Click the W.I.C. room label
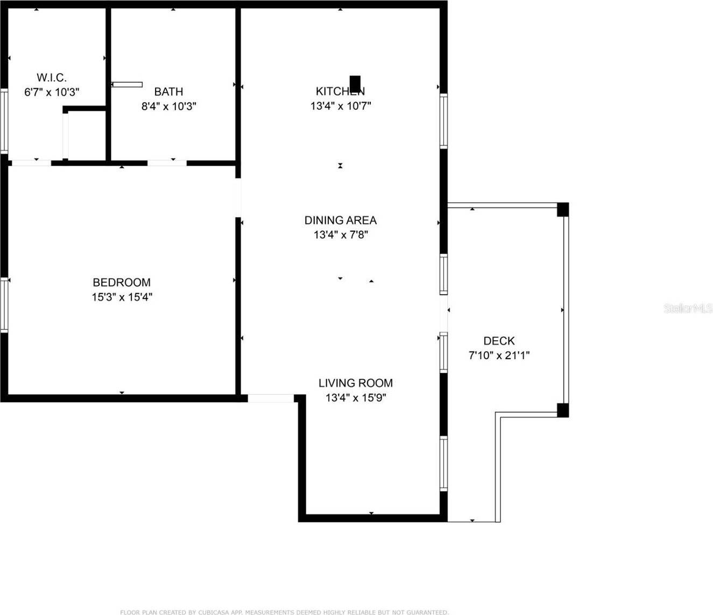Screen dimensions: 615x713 [52, 77]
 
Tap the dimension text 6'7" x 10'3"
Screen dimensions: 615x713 [52, 92]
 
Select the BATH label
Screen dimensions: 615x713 [168, 91]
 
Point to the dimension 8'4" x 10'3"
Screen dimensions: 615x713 [168, 106]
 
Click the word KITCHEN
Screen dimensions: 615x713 [340, 91]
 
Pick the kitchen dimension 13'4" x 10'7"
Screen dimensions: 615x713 [340, 105]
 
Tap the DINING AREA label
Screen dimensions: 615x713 [340, 220]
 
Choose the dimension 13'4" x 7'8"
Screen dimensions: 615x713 [340, 234]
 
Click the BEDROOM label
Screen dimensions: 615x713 [122, 282]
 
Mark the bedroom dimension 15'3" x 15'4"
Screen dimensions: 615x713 [122, 297]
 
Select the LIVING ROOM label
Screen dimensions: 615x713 [355, 383]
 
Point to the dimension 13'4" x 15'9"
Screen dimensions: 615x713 [355, 398]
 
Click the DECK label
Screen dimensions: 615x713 [499, 340]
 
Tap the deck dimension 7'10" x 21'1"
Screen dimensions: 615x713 [499, 355]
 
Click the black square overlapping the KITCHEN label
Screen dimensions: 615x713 [355, 83]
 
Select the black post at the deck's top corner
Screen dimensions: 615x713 [562, 209]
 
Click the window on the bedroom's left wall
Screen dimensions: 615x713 [4, 304]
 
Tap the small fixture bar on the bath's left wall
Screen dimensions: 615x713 [127, 84]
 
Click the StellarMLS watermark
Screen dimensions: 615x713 [688, 308]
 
